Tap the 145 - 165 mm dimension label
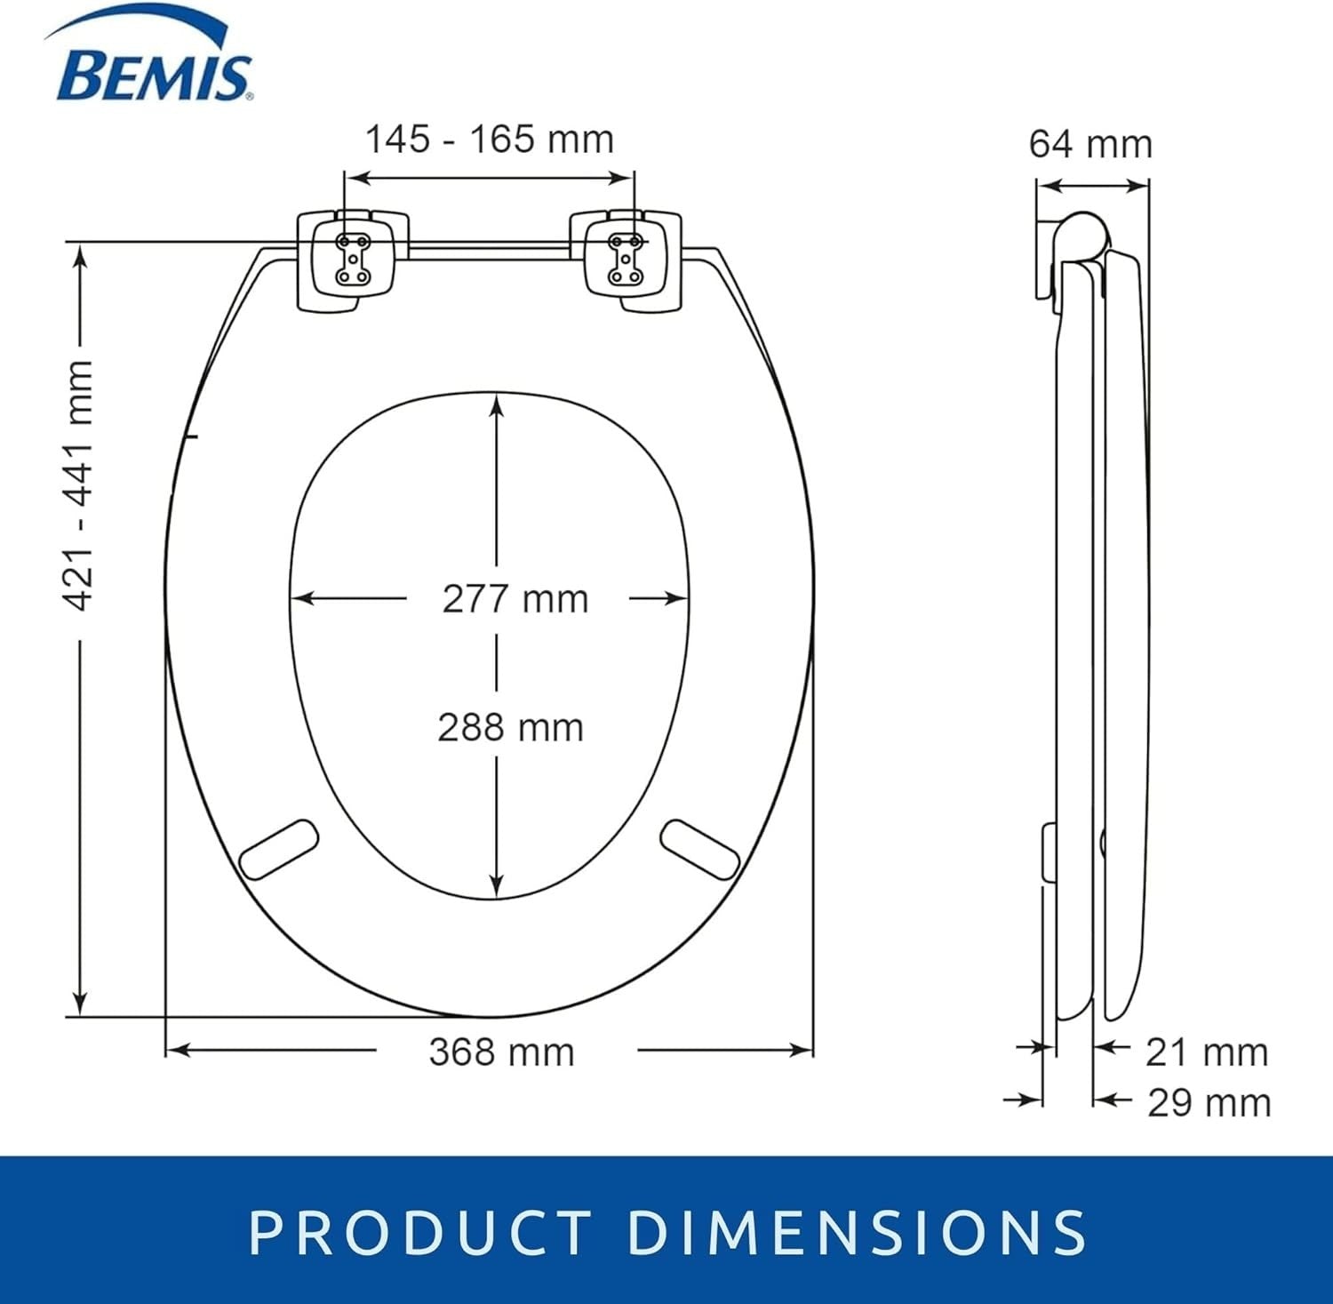tap(490, 140)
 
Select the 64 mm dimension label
tap(1090, 144)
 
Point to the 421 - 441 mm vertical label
tap(79, 485)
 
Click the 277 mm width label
tap(515, 599)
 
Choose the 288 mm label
tap(511, 728)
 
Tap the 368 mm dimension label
tap(502, 1052)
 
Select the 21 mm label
tap(1207, 1052)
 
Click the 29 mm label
tap(1209, 1103)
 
